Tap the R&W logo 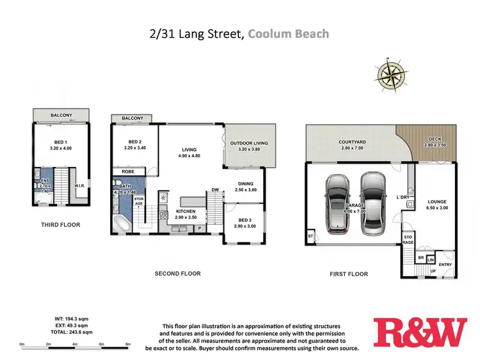coord(420,333)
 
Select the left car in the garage coord(337,203)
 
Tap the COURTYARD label coord(352,142)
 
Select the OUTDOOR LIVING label coord(249,143)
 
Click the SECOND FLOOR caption coord(177,274)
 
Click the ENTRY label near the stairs coord(445,264)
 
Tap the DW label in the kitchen coord(216,190)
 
